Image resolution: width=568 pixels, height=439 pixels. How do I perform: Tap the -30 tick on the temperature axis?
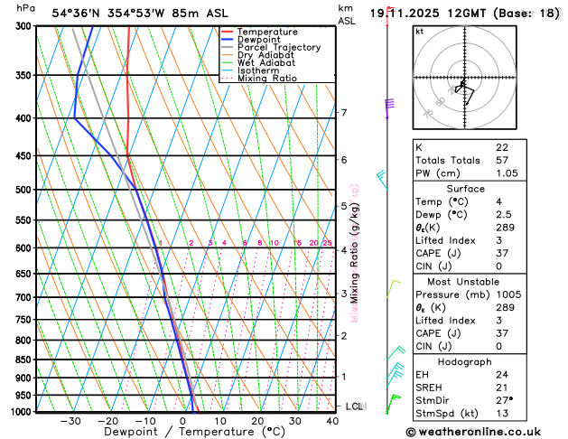coord(70,421)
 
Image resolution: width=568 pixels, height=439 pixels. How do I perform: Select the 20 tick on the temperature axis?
coord(258,421)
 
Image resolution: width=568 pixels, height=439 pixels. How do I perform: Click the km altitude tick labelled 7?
coord(344,113)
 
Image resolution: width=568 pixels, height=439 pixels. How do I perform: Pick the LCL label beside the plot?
coord(354,406)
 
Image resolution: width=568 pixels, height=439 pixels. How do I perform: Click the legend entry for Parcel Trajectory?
coord(278,47)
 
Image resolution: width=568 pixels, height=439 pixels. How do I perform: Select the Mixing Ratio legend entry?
coord(266,78)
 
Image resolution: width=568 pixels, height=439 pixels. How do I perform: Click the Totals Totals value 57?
coord(502,160)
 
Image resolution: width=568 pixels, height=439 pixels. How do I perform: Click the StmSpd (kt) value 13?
coord(502,414)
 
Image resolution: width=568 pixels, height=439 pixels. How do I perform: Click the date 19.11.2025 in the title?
coord(423,14)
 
